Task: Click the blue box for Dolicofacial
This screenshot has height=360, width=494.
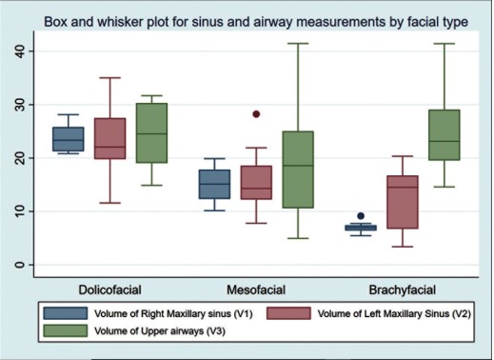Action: (x=69, y=139)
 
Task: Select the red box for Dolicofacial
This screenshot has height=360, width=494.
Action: (x=110, y=138)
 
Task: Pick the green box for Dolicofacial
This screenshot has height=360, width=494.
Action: (x=151, y=133)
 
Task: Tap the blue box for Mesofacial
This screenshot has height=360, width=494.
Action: (x=214, y=184)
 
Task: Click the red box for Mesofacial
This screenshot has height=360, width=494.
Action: (x=256, y=183)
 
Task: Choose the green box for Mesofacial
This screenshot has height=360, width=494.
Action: (x=298, y=170)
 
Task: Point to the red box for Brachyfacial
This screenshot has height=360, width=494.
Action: (x=403, y=202)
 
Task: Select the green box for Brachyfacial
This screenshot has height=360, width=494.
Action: (x=445, y=135)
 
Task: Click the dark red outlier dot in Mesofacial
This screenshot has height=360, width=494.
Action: (x=256, y=114)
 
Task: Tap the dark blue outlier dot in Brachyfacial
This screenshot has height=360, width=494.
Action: (x=361, y=216)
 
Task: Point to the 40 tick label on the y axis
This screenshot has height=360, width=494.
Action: (x=20, y=51)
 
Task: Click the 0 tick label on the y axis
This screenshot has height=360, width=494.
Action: (x=20, y=265)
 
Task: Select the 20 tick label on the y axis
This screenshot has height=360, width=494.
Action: (x=20, y=158)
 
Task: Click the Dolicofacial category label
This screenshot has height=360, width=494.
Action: (x=110, y=290)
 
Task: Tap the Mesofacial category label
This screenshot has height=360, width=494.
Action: (x=256, y=290)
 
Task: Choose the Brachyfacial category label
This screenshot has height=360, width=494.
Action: (x=403, y=290)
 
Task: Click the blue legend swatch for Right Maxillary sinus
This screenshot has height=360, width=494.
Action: (x=66, y=313)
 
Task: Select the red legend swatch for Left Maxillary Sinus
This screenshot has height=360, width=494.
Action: (x=288, y=313)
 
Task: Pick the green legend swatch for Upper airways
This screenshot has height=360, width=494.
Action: (x=66, y=330)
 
